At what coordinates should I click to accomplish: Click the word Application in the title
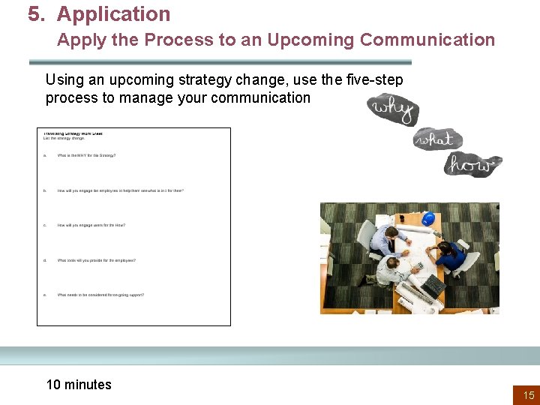[x=113, y=14]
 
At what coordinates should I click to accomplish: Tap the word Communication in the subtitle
[x=427, y=40]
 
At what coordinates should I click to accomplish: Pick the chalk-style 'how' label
[x=473, y=164]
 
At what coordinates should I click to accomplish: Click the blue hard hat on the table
[x=428, y=218]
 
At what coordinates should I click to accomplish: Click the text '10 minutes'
[x=79, y=385]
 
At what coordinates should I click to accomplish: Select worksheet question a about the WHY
[x=86, y=156]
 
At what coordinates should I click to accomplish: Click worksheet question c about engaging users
[x=91, y=225]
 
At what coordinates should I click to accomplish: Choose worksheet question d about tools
[x=97, y=260]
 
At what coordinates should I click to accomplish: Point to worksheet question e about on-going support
[x=100, y=295]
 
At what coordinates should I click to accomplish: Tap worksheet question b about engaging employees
[x=120, y=190]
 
